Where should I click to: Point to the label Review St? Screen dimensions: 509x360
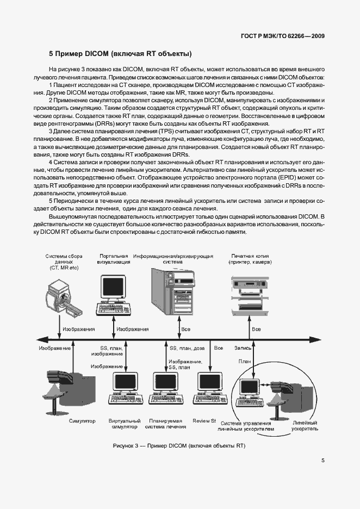204,421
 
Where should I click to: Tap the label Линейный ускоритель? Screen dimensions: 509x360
305,426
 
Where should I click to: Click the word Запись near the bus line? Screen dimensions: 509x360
243,347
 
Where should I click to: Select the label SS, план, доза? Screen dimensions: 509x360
187,347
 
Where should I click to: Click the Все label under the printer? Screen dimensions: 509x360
256,330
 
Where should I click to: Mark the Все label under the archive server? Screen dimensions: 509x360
186,330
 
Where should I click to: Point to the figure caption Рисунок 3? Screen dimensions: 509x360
179,446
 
